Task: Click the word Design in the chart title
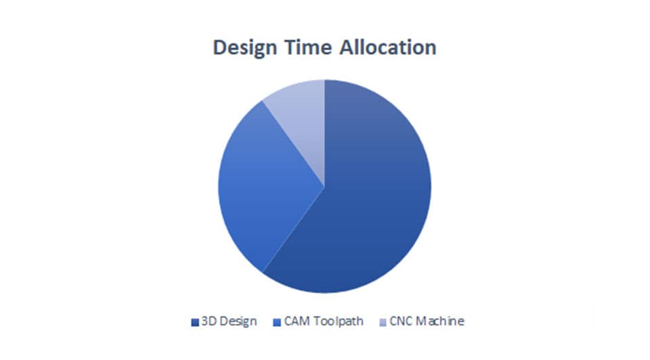[244, 48]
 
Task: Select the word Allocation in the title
[388, 47]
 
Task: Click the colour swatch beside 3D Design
[195, 322]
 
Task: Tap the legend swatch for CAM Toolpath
[278, 322]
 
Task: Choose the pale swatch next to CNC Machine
[383, 322]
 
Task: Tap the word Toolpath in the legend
[339, 322]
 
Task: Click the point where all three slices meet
[324, 186]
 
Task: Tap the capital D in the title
[220, 47]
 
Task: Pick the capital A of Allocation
[348, 47]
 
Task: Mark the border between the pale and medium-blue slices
[293, 143]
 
